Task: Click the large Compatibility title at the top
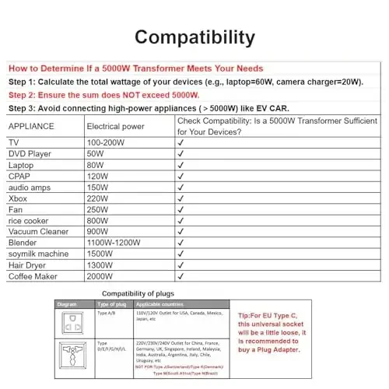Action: tap(194, 37)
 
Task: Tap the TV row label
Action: tap(14, 143)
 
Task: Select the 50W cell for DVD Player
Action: tap(96, 154)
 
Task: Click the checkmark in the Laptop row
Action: tap(180, 166)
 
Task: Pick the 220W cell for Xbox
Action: tap(98, 199)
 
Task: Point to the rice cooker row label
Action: tap(29, 221)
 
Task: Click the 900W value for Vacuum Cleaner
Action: tap(98, 232)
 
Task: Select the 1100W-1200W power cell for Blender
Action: tap(114, 243)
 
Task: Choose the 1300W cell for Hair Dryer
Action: tap(100, 265)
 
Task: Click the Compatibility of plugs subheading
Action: tap(131, 293)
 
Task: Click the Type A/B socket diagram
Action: tap(72, 321)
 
